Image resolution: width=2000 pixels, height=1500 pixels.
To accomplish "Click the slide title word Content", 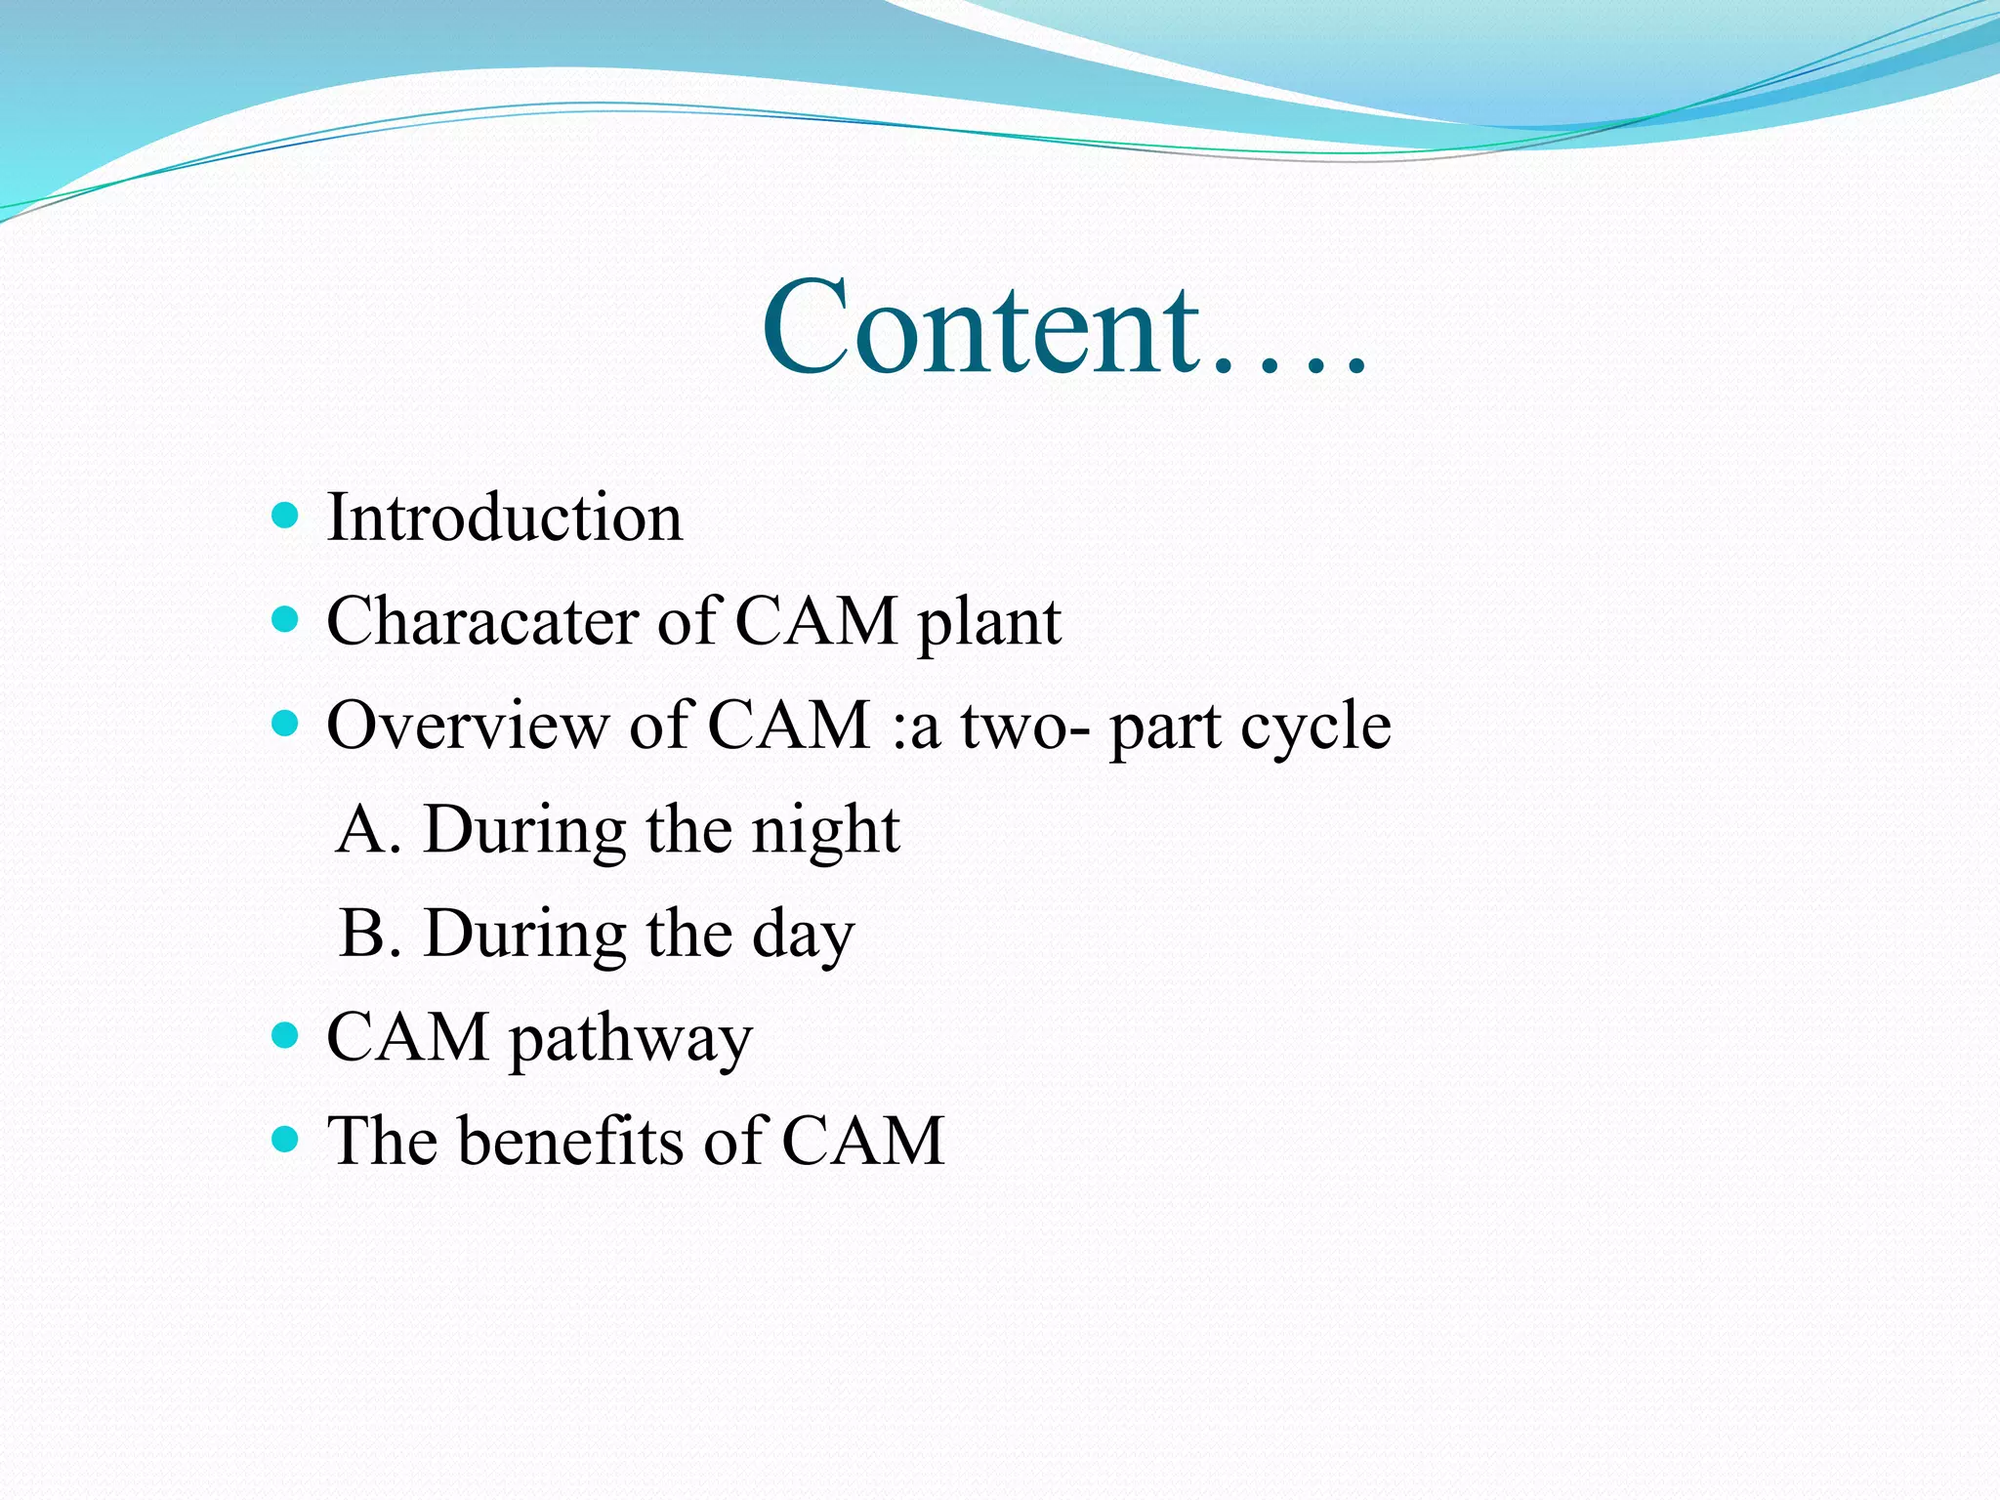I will point(980,327).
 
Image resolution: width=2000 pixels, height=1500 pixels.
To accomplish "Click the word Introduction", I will point(504,518).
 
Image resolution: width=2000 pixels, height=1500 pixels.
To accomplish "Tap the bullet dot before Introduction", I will point(284,515).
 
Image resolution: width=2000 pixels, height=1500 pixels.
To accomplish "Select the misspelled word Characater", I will point(481,621).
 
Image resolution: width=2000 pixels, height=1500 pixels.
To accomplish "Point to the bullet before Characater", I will point(284,619).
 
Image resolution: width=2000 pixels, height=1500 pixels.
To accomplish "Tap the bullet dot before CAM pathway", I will point(284,1035).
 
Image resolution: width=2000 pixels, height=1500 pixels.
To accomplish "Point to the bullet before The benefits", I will point(284,1139).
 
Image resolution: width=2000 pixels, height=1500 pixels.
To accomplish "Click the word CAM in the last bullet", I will point(862,1141).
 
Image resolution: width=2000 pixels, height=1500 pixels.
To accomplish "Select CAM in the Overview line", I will point(788,726).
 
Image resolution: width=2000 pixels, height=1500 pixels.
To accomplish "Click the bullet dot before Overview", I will point(284,724).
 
